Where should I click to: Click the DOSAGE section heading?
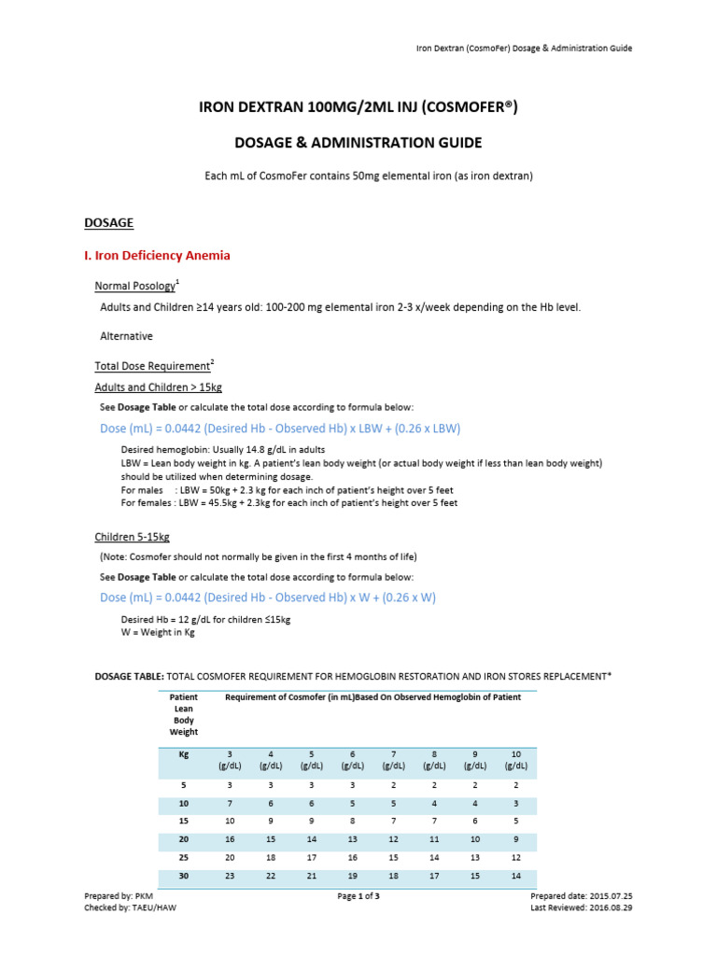[x=109, y=223]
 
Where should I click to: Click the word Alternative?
[x=127, y=335]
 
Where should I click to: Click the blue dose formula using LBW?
[x=280, y=428]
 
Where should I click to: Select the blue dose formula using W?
[x=268, y=597]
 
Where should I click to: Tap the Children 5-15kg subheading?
[x=132, y=537]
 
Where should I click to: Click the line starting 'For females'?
[x=289, y=502]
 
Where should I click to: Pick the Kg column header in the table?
[x=183, y=753]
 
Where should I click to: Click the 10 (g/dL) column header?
[x=515, y=759]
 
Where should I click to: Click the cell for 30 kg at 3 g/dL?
[x=232, y=878]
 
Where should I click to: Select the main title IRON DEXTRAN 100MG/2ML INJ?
[x=358, y=108]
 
